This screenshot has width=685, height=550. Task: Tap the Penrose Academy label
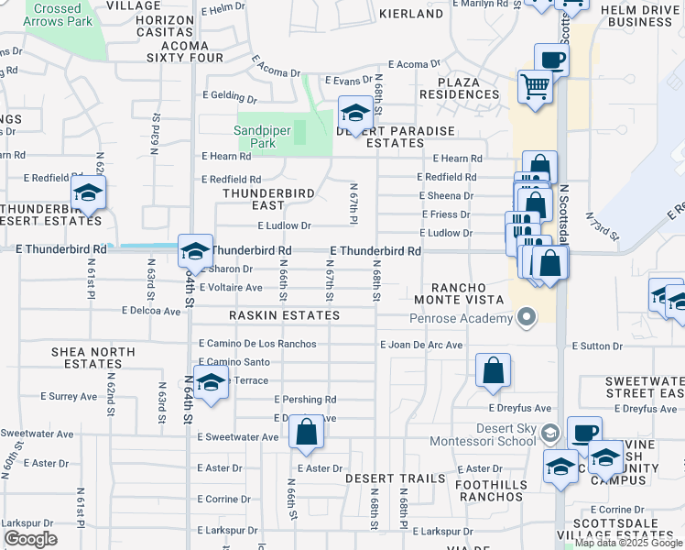462,318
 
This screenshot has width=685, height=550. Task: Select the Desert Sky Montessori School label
493,434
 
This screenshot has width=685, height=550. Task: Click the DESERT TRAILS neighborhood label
395,478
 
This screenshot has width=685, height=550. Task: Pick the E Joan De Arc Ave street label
422,345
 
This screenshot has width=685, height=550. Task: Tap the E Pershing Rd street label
305,400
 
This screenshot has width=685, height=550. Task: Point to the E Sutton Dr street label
597,346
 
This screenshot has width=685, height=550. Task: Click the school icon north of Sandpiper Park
354,114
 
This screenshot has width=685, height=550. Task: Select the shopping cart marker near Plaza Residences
535,87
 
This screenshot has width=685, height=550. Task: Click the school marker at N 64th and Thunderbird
194,250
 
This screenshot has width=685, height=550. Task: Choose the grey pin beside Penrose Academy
526,318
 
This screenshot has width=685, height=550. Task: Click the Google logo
30,539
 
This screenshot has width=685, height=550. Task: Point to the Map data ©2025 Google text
628,544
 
